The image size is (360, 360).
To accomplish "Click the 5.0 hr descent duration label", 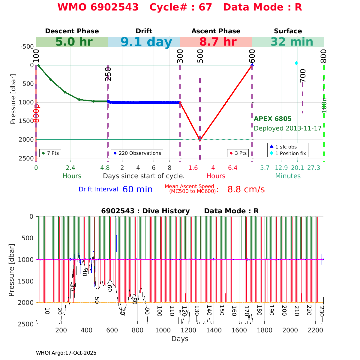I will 74,42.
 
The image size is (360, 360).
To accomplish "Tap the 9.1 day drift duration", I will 146,42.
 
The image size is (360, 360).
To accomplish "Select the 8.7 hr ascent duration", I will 218,42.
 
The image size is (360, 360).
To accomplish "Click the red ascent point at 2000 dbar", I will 200,139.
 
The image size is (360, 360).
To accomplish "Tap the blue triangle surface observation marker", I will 252,65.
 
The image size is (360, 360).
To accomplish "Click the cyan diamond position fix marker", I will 296,63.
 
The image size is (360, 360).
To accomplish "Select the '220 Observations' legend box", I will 137,153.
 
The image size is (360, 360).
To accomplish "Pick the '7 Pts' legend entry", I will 50,153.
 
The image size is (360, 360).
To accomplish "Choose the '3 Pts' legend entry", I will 238,153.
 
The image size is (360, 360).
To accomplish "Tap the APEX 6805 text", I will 272,119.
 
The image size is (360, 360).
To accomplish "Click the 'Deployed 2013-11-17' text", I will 287,128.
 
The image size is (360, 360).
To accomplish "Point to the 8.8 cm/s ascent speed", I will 246,190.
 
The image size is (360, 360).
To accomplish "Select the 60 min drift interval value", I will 137,190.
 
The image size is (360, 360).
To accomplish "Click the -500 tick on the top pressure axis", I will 27,46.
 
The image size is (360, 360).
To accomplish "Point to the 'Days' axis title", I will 180,339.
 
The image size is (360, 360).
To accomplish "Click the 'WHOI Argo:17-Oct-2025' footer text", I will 66,353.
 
